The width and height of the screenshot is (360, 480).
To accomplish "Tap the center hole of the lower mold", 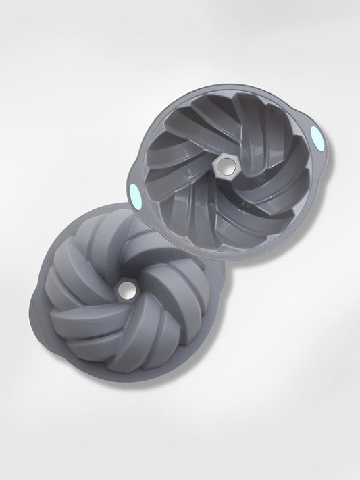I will click(126, 289).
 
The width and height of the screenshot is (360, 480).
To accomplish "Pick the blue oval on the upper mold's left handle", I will click(133, 188).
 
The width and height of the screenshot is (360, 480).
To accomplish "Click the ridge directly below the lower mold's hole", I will click(128, 338).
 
